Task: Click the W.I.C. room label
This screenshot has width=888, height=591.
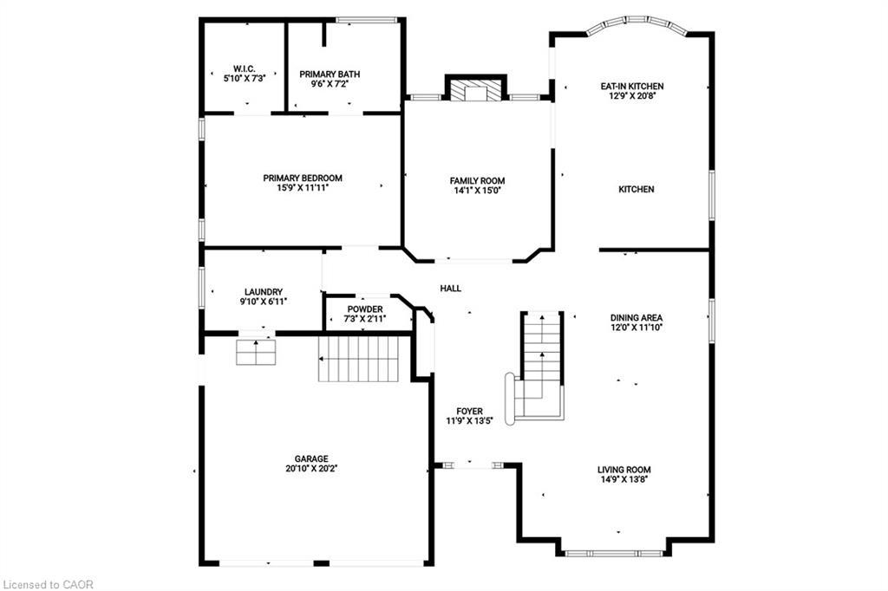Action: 243,68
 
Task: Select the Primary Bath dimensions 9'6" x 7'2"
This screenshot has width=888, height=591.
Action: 330,85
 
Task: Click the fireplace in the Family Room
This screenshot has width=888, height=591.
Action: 475,92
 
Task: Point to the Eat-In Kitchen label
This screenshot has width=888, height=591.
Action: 632,87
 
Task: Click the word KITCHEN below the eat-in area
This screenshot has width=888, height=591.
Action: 636,189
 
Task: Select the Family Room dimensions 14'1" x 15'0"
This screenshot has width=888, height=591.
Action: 477,190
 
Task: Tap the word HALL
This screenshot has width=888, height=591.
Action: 450,289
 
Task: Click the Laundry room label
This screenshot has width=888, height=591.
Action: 264,292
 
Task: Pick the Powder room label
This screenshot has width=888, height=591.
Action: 365,309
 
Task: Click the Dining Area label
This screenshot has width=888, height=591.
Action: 636,317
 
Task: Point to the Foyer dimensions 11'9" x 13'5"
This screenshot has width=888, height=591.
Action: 469,421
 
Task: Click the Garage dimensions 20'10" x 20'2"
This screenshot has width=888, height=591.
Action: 310,469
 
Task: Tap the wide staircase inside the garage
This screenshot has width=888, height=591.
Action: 358,360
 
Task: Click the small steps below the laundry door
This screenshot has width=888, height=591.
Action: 256,352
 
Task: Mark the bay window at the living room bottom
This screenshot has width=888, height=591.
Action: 615,551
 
